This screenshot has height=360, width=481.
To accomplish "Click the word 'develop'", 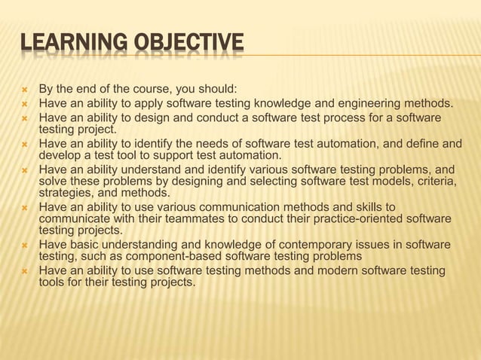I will (x=60, y=155).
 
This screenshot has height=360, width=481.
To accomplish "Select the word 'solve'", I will (x=54, y=181).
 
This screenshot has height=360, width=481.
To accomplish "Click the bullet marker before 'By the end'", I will (x=25, y=90).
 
